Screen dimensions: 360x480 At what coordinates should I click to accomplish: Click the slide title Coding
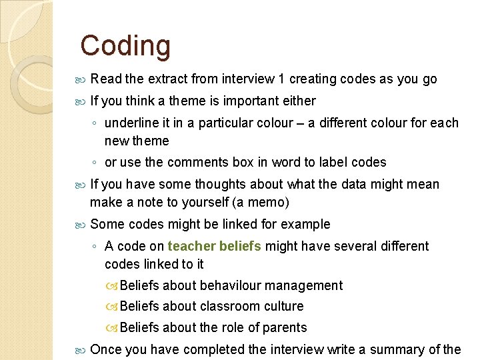coord(125,46)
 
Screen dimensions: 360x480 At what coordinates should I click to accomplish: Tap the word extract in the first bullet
coord(168,79)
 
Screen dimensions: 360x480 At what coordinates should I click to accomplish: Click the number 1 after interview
coord(282,79)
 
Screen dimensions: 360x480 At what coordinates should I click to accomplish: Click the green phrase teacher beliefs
coord(215,247)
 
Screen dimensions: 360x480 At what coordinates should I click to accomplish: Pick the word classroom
coord(231,307)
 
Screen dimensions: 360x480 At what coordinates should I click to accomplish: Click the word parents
coord(285,328)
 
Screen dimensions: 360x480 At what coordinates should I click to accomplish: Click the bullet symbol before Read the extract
coord(81,80)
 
